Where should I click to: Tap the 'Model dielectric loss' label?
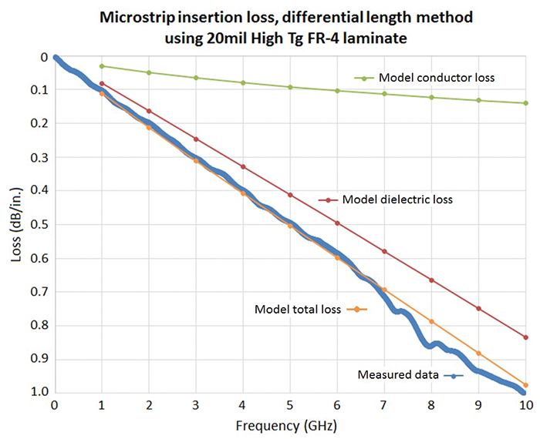pyautogui.click(x=397, y=199)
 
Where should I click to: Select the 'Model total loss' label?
pyautogui.click(x=299, y=309)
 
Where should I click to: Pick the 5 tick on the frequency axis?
pyautogui.click(x=290, y=405)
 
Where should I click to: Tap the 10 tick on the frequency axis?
pyautogui.click(x=525, y=405)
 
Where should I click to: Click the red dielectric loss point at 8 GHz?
pyautogui.click(x=431, y=280)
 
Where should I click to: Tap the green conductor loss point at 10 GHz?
pyautogui.click(x=525, y=103)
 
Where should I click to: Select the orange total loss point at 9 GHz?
pyautogui.click(x=478, y=353)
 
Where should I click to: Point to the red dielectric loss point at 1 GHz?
pyautogui.click(x=102, y=83)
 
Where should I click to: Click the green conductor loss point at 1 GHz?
pyautogui.click(x=102, y=66)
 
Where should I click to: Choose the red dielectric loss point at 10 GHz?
pyautogui.click(x=525, y=337)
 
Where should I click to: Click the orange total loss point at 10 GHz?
pyautogui.click(x=525, y=385)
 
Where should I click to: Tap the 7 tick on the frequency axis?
pyautogui.click(x=384, y=405)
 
